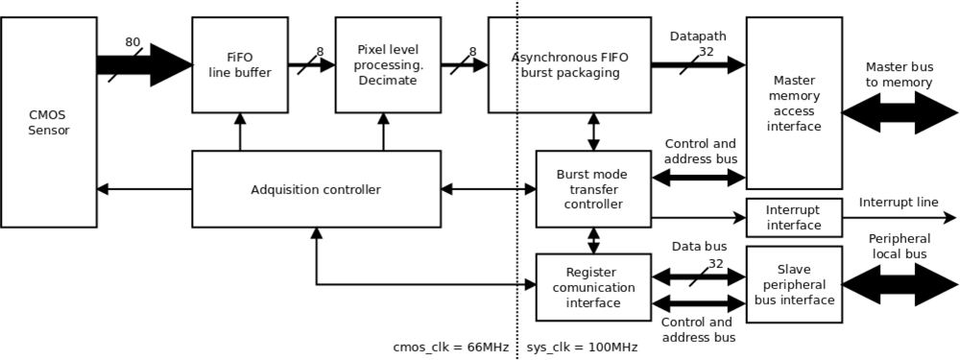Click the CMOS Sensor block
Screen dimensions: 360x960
(x=49, y=122)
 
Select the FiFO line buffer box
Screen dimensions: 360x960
(x=240, y=64)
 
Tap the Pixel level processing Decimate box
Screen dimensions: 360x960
(x=387, y=64)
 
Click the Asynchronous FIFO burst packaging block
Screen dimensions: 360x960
(x=569, y=64)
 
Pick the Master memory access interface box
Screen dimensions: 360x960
(x=794, y=103)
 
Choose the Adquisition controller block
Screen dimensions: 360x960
(x=316, y=189)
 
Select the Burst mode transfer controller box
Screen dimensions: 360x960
(x=592, y=189)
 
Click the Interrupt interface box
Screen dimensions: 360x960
(x=794, y=218)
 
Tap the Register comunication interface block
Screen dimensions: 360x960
(x=592, y=287)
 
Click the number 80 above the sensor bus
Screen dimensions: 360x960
(x=132, y=42)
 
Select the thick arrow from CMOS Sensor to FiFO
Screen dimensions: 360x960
(x=144, y=64)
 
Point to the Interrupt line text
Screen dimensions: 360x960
(x=899, y=202)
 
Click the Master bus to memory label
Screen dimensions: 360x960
(x=899, y=75)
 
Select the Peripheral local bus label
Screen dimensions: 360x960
(x=899, y=246)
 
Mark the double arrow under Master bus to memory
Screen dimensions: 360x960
(x=899, y=112)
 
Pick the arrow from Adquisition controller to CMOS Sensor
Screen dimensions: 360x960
(x=144, y=189)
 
